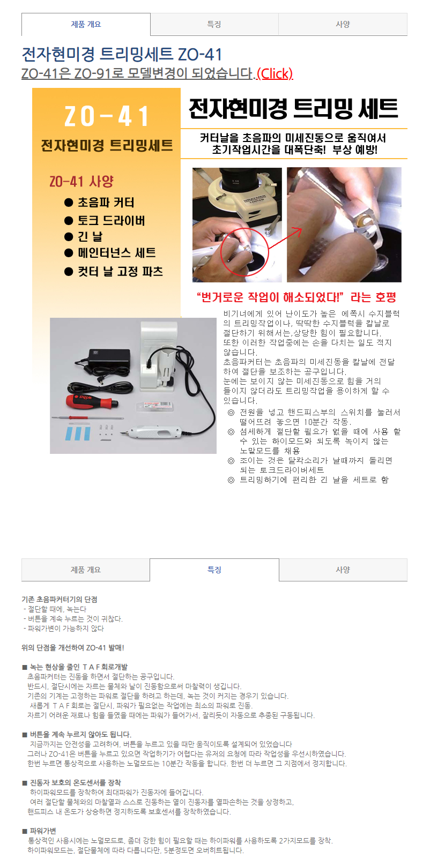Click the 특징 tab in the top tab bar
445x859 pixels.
pyautogui.click(x=214, y=24)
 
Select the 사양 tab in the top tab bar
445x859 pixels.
pyautogui.click(x=343, y=24)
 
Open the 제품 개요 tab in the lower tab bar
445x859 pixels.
pyautogui.click(x=86, y=570)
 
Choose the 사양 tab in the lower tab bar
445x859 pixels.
pyautogui.click(x=343, y=570)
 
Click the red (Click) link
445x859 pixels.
pyautogui.click(x=275, y=73)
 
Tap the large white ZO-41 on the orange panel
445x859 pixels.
pyautogui.click(x=106, y=116)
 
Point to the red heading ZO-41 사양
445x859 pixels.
pyautogui.click(x=81, y=181)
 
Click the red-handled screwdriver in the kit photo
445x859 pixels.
pyautogui.click(x=92, y=401)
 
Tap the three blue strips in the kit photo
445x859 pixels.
pyautogui.click(x=78, y=433)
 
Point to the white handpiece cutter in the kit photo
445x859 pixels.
pyautogui.click(x=152, y=432)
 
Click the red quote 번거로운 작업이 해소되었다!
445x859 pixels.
pyautogui.click(x=270, y=297)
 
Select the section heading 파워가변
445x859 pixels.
pyautogui.click(x=43, y=831)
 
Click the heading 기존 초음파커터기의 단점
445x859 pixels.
pyautogui.click(x=60, y=600)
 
